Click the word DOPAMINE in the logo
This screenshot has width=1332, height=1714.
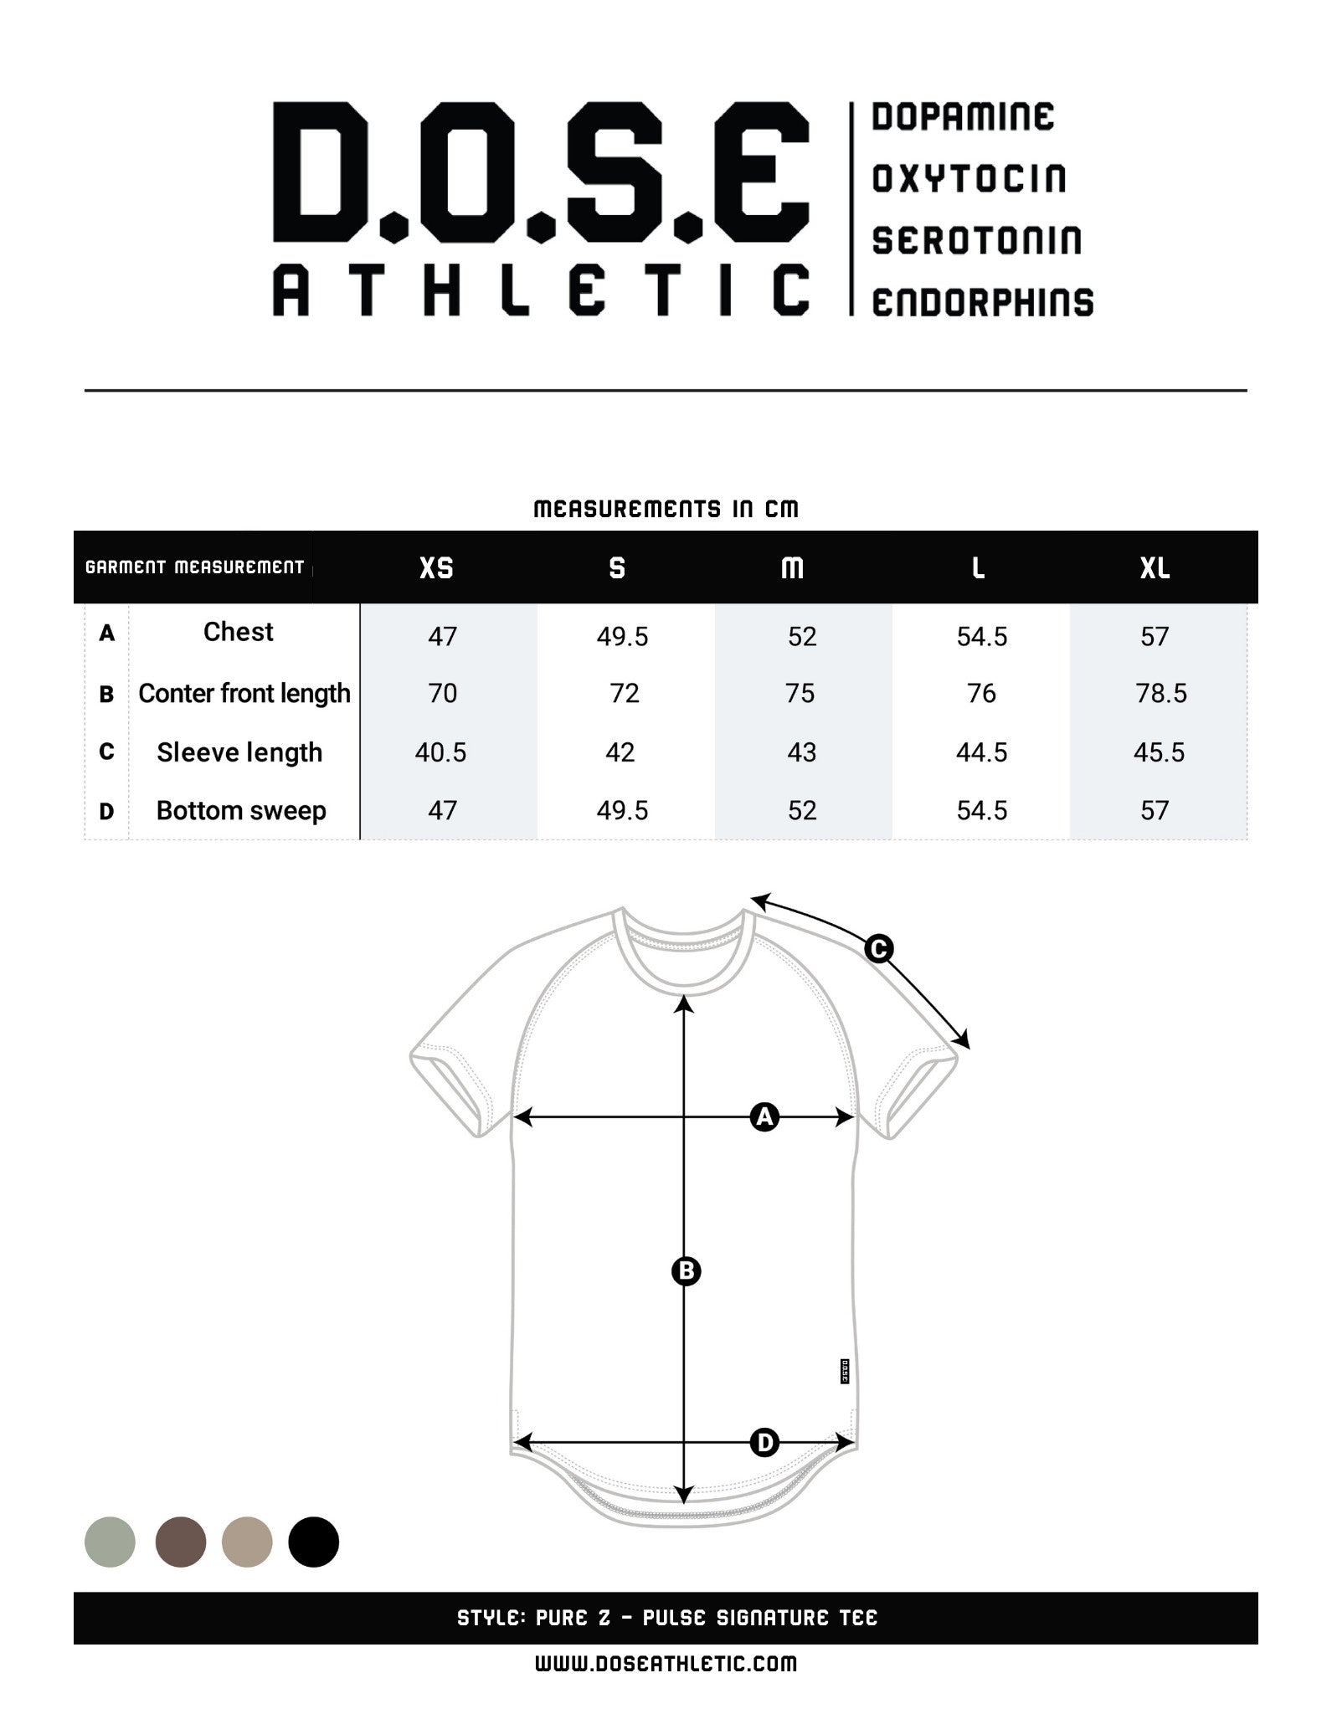tap(963, 117)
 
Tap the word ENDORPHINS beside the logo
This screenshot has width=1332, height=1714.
tap(982, 302)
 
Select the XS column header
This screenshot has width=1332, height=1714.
tap(436, 568)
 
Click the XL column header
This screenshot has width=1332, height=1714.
tap(1155, 568)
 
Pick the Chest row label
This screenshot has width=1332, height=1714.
tap(239, 632)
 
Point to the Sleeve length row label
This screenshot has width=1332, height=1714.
tap(239, 752)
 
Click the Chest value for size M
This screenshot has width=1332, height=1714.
tap(801, 637)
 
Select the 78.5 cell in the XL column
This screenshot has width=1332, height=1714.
tap(1160, 693)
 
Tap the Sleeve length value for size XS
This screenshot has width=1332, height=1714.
tap(440, 752)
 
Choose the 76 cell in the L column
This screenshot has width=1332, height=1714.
tap(981, 693)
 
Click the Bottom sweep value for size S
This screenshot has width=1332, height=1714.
tap(622, 810)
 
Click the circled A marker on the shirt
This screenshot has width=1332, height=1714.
tap(764, 1116)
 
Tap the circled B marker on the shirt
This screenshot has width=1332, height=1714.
tap(686, 1271)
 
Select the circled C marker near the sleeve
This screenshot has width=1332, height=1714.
tap(878, 949)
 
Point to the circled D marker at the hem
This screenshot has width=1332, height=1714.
tap(764, 1442)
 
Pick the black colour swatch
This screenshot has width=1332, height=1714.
tap(313, 1542)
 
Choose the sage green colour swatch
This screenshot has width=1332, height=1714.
tap(110, 1542)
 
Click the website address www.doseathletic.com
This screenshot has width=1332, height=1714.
tap(666, 1663)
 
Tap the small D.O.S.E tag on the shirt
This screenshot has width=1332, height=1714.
tap(844, 1371)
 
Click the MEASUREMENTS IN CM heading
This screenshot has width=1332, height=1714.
tap(666, 509)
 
